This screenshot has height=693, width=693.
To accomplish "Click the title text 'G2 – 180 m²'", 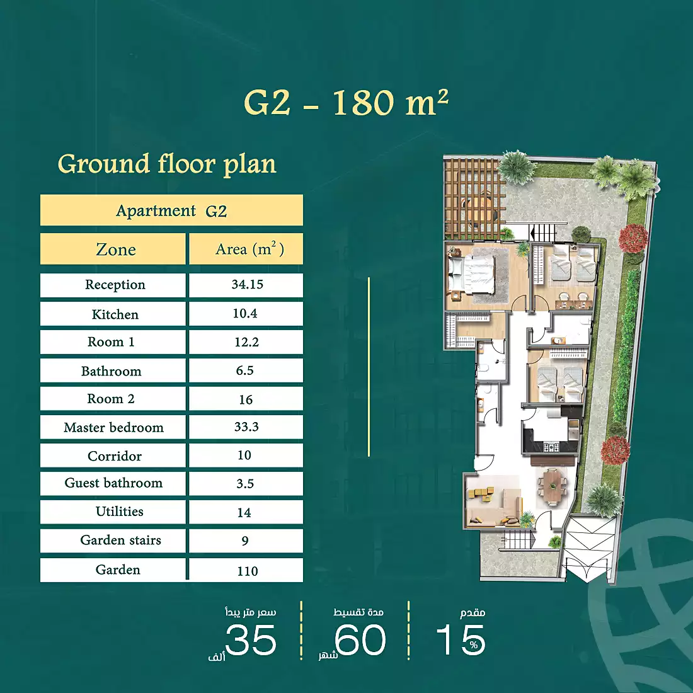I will click(346, 103).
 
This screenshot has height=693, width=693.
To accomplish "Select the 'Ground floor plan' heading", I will click(167, 164).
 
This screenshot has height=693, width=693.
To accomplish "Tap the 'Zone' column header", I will click(115, 249).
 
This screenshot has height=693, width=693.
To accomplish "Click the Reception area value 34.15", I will click(247, 285).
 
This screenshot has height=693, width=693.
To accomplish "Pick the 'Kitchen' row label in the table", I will click(115, 314).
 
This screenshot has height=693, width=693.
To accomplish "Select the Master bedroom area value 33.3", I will click(246, 427).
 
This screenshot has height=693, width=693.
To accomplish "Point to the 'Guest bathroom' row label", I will click(113, 483).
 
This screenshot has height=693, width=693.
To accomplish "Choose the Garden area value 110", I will click(247, 571).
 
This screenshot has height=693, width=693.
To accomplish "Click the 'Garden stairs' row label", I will click(120, 540).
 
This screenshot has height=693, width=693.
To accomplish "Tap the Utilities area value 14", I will click(244, 513).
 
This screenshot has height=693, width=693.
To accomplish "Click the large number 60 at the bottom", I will click(360, 640).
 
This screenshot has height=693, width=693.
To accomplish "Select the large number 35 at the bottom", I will click(251, 640).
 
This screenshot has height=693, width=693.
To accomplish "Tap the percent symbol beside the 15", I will click(474, 645).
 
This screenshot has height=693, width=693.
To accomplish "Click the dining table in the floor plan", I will click(552, 487).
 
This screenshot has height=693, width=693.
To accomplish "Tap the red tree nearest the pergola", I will click(633, 239).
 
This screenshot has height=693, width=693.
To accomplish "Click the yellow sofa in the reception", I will click(481, 495).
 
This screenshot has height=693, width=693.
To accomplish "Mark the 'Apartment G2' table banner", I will click(171, 210).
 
